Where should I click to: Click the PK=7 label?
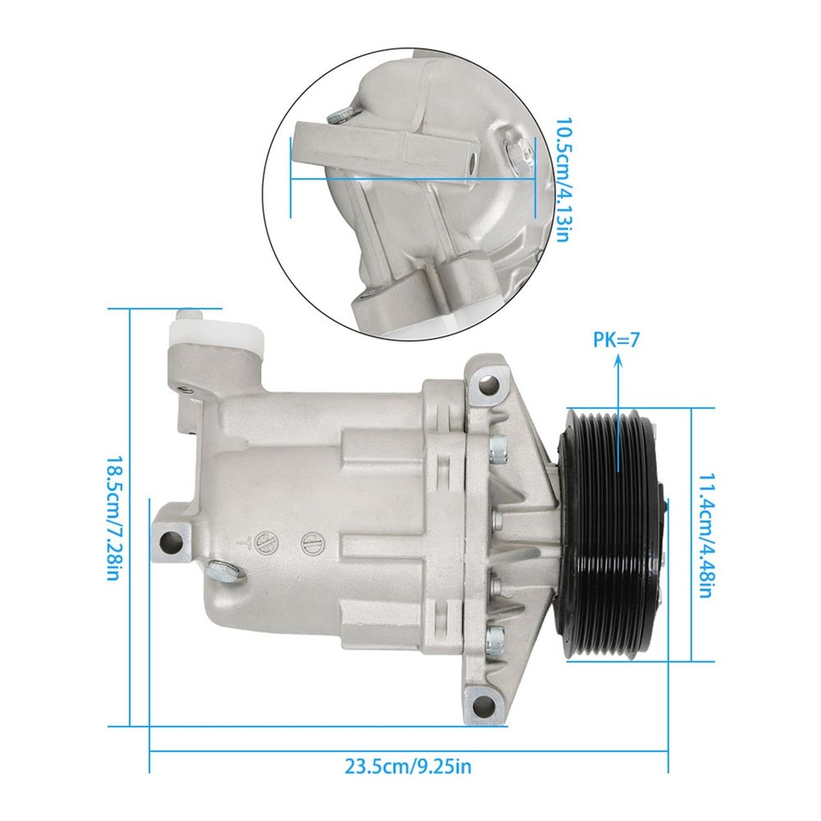click(616, 339)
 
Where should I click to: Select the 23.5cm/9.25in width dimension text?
click(408, 767)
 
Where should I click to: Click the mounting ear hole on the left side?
click(170, 540)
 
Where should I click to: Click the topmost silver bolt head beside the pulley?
click(497, 447)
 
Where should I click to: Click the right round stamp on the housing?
click(310, 543)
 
